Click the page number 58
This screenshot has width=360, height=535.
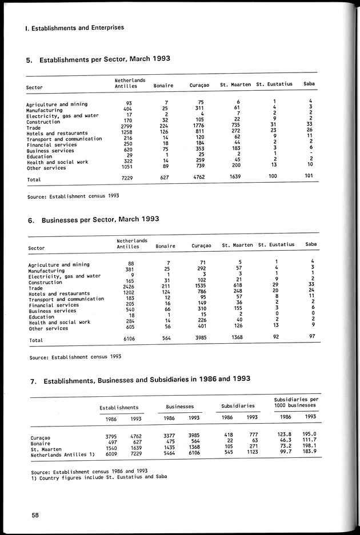coord(35,516)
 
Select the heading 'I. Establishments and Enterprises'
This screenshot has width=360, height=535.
coord(71,27)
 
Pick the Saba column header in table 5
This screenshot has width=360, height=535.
coord(310,85)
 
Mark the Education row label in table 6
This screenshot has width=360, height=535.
coord(42,317)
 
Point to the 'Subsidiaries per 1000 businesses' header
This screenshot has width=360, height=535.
coord(294,401)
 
